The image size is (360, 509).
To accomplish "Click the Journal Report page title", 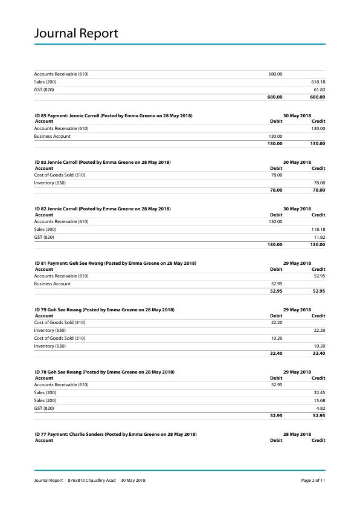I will coord(76,33).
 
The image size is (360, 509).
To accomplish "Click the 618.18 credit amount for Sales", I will coord(318,82).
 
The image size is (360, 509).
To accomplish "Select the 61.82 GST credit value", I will coord(320,89).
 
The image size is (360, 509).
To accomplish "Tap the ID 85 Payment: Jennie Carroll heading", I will coord(114,115).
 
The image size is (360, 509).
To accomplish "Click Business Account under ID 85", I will coord(52,136).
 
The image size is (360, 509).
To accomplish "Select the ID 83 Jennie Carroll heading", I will coord(103,162).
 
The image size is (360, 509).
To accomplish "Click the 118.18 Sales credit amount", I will coord(318,229).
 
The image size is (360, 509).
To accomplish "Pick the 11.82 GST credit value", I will coord(320,237).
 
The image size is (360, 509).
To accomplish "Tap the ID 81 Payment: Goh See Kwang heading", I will coord(115,263).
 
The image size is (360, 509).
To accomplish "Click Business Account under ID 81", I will coord(52,284).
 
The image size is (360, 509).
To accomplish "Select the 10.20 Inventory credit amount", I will coord(320,346).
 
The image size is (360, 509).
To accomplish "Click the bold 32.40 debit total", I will coord(276,354).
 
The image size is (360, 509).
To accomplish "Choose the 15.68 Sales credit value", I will coord(320,400).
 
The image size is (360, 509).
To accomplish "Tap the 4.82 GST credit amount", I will coord(321,408).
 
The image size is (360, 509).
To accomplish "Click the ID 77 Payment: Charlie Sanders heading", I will coord(115,434).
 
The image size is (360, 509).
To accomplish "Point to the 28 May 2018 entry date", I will coord(297,434).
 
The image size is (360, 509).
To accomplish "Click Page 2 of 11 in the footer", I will coord(313,481).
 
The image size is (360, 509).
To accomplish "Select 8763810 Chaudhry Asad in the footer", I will coord(91,481).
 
